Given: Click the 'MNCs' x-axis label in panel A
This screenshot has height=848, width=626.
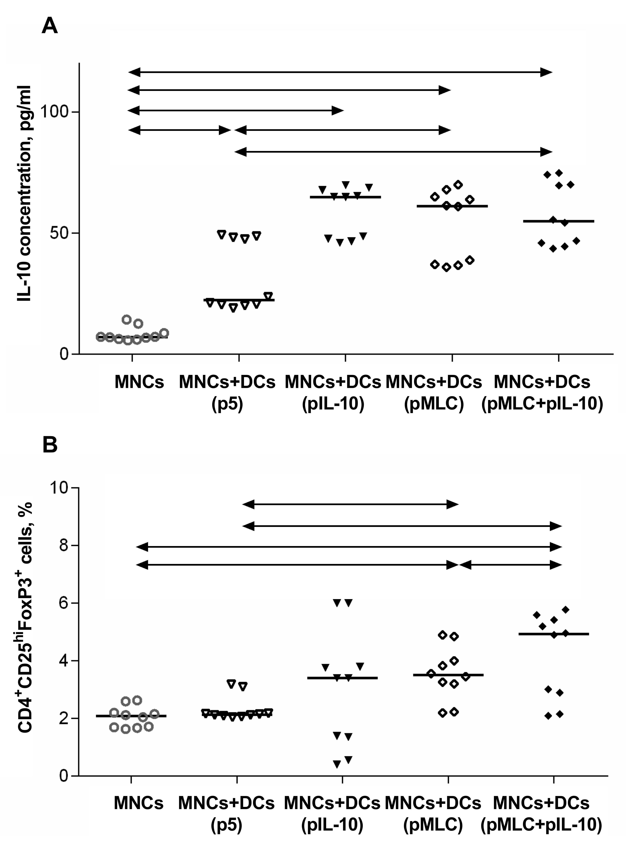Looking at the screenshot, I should [x=139, y=382].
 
